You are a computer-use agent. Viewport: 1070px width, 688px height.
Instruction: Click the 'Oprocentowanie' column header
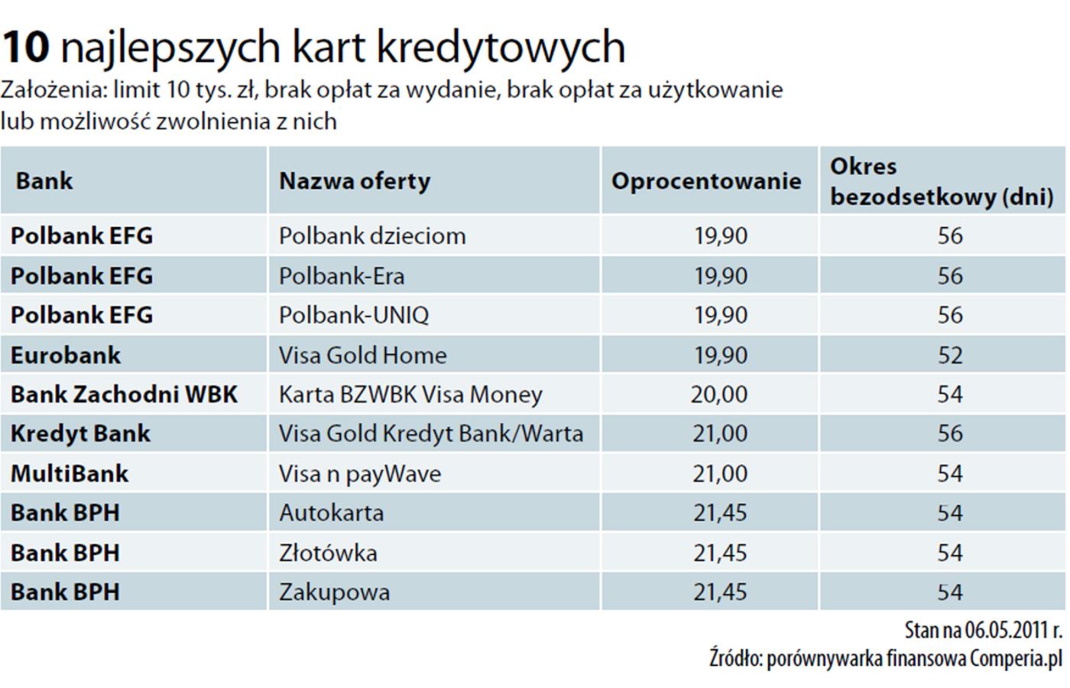(706, 181)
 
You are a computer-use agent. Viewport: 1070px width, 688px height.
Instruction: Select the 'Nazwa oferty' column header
(355, 181)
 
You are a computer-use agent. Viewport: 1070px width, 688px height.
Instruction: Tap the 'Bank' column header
(44, 181)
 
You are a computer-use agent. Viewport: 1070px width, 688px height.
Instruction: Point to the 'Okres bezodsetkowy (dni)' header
(942, 181)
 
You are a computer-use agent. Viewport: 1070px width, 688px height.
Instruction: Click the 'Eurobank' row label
(66, 355)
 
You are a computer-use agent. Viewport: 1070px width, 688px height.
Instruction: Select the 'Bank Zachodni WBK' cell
(124, 394)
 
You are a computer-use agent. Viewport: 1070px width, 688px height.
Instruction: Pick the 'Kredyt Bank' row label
(80, 433)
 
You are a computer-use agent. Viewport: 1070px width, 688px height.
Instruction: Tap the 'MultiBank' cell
(70, 473)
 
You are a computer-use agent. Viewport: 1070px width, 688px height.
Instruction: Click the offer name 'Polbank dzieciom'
(372, 235)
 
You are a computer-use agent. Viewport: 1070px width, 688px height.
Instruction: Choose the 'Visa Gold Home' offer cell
(362, 355)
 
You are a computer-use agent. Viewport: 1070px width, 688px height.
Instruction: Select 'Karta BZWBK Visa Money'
(410, 394)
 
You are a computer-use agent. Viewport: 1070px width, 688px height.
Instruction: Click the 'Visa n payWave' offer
(360, 473)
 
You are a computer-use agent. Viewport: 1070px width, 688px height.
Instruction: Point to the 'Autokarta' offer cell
(331, 513)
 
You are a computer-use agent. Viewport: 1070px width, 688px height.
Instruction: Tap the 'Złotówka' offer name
(328, 553)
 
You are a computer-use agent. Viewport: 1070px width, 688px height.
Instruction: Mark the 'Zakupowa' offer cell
(334, 592)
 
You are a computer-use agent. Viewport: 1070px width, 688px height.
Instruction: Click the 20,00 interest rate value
(719, 394)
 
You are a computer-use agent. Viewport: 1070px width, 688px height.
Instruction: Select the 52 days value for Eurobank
(950, 355)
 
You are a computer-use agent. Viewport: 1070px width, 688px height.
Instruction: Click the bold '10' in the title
(25, 47)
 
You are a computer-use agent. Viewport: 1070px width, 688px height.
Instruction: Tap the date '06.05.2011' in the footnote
(1003, 631)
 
